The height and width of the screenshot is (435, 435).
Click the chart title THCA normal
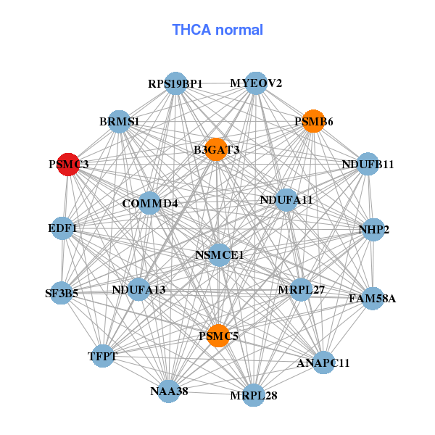(217, 30)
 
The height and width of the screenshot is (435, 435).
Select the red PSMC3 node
(68, 165)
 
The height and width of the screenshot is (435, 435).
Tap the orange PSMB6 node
(312, 122)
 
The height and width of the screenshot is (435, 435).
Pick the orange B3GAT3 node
(216, 149)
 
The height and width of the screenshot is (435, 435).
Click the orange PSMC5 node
(218, 336)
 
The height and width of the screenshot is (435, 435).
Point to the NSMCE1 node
(220, 255)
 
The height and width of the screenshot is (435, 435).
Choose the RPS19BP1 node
(175, 83)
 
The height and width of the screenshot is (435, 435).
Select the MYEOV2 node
(255, 83)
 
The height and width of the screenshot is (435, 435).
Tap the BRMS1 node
(120, 122)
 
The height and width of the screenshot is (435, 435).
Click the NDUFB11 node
(368, 165)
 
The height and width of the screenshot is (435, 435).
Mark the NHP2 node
(373, 230)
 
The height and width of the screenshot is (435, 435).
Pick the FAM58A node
(372, 298)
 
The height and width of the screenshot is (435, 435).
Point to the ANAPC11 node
(323, 362)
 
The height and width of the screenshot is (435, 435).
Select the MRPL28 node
(253, 395)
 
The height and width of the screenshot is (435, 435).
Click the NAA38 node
(169, 391)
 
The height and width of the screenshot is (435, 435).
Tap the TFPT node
(104, 356)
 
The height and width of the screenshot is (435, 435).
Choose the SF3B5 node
(62, 294)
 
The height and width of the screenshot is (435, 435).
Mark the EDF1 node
(62, 228)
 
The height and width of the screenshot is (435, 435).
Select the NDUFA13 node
(138, 290)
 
